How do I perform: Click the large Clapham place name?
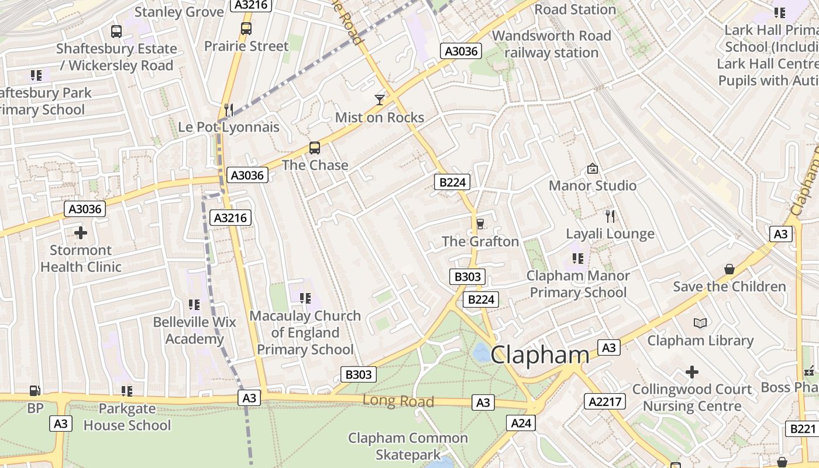click(x=539, y=355)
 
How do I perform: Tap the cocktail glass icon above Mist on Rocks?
click(x=380, y=100)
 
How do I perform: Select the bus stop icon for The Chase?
click(x=315, y=148)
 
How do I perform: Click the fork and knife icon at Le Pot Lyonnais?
click(x=229, y=109)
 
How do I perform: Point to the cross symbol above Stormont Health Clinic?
click(x=81, y=233)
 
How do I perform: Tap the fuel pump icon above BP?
click(x=35, y=391)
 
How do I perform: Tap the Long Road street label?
click(x=398, y=401)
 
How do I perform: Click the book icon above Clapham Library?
click(x=700, y=323)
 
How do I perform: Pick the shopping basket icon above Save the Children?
click(x=729, y=269)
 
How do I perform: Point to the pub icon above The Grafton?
click(x=480, y=223)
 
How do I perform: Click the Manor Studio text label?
click(x=593, y=185)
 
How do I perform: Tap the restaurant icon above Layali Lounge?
click(x=610, y=216)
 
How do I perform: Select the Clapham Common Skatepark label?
click(x=408, y=446)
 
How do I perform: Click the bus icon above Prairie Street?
click(x=246, y=28)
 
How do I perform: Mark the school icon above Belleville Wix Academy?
click(x=194, y=304)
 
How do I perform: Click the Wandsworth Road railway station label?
click(x=551, y=44)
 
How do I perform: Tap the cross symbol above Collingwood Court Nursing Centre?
click(x=692, y=372)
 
